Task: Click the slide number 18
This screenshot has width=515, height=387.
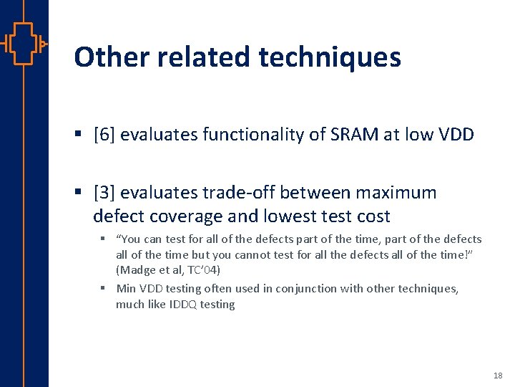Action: (498, 376)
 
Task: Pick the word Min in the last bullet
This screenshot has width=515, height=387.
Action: (126, 288)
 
